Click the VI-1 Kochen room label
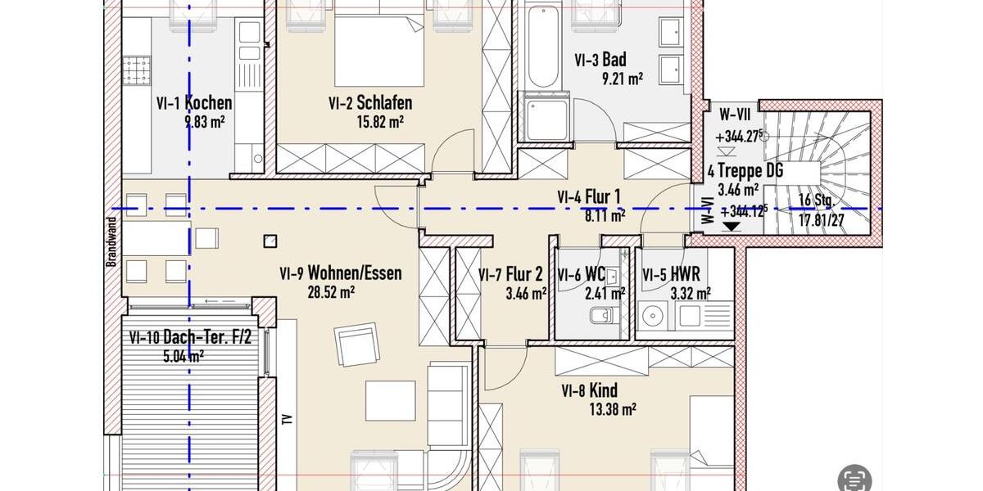pyautogui.click(x=194, y=103)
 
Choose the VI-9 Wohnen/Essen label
pyautogui.click(x=340, y=273)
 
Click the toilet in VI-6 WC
pyautogui.click(x=598, y=316)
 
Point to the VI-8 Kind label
pyautogui.click(x=589, y=390)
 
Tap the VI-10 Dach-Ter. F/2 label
pyautogui.click(x=189, y=337)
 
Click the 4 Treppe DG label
pyautogui.click(x=745, y=171)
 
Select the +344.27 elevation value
pyautogui.click(x=740, y=137)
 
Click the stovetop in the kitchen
pyautogui.click(x=137, y=70)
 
